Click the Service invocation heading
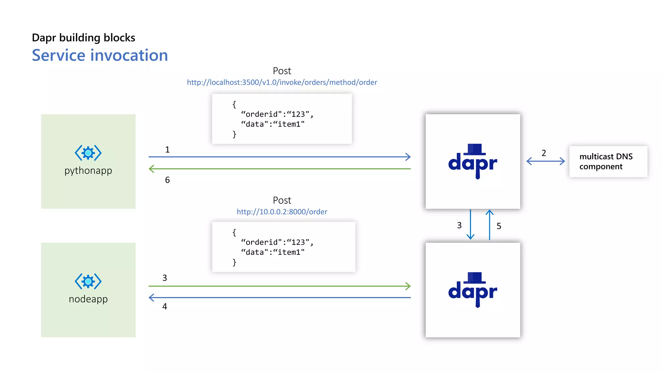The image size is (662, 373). click(100, 55)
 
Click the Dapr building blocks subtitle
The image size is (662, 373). click(83, 38)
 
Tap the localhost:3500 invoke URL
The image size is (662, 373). click(282, 82)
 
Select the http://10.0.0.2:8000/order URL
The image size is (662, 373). click(282, 212)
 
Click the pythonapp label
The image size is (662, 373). click(88, 170)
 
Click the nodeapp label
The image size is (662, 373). click(88, 299)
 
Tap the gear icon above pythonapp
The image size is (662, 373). click(88, 153)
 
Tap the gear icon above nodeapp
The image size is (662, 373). click(88, 281)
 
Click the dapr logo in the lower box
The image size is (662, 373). click(473, 290)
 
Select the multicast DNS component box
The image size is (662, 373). click(608, 161)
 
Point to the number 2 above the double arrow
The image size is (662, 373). click(544, 153)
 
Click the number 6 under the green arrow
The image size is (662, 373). click(167, 180)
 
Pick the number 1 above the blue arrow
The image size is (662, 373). click(167, 150)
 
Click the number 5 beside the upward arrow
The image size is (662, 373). click(499, 226)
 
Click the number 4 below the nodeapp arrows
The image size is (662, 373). click(165, 306)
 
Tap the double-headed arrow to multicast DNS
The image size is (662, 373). click(545, 161)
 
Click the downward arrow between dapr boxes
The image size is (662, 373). click(470, 225)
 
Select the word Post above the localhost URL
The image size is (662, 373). click(282, 71)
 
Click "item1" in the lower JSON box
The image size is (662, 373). click(289, 252)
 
